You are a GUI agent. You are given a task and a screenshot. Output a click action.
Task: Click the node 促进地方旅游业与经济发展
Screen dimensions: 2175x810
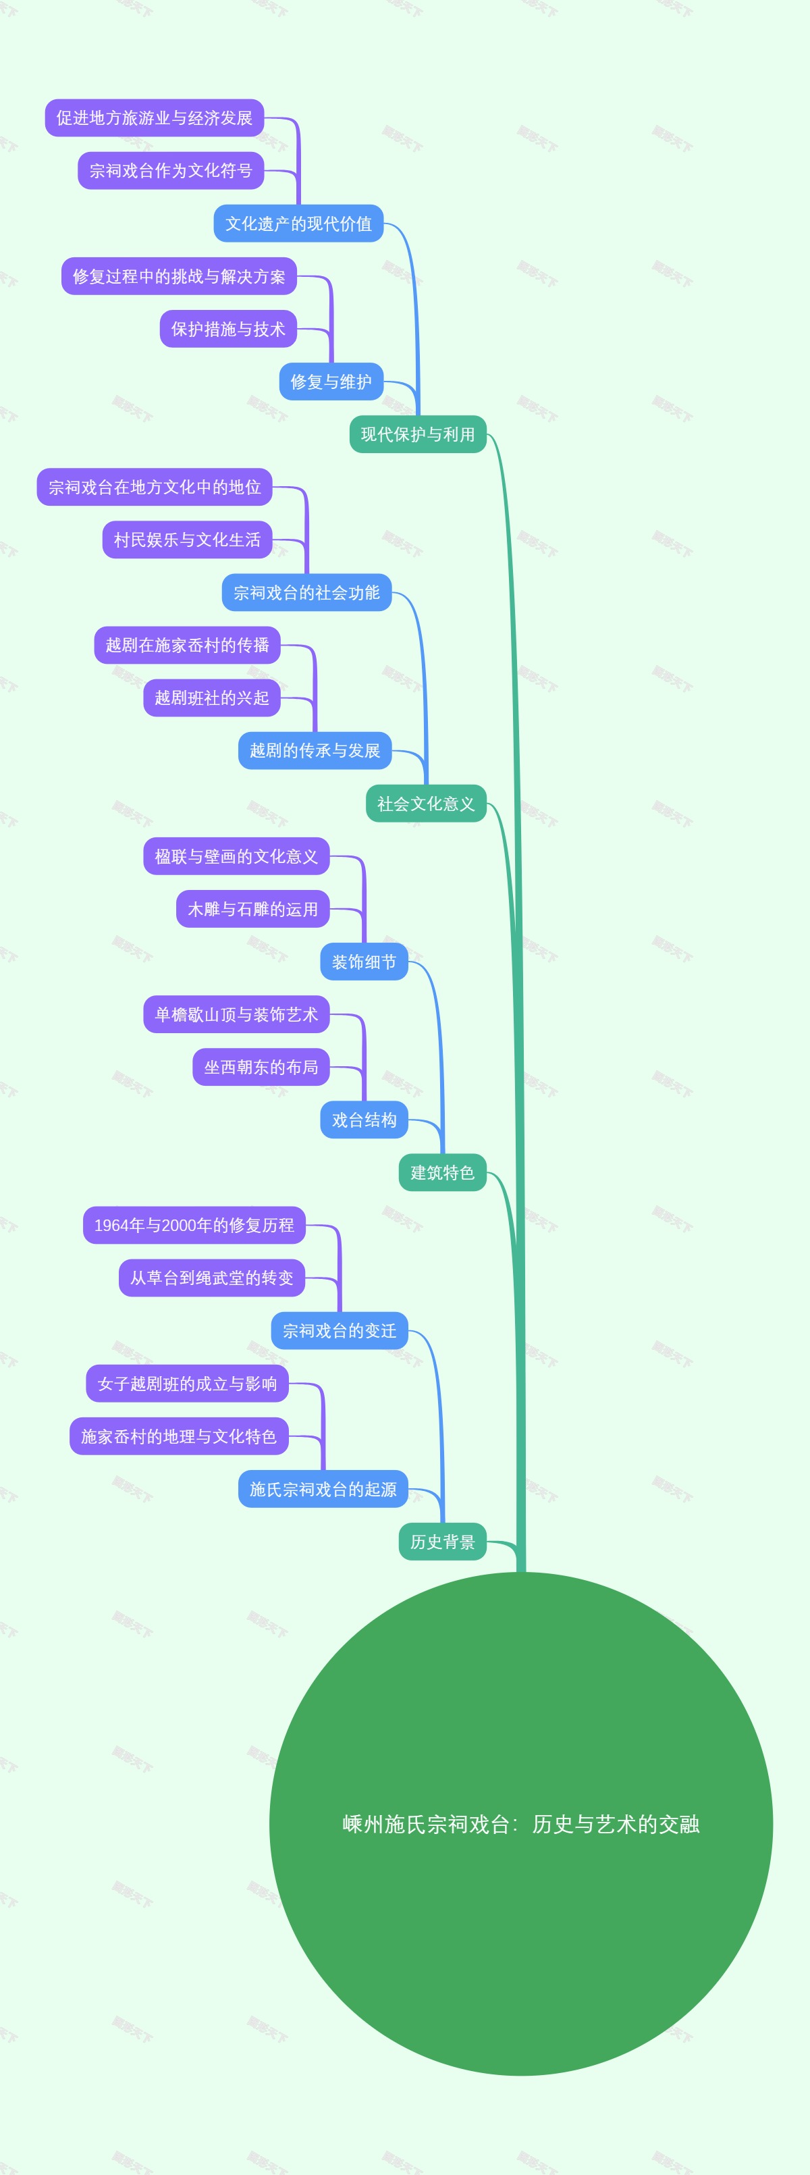coord(155,118)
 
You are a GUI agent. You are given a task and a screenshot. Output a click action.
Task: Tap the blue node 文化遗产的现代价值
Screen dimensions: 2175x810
coord(298,224)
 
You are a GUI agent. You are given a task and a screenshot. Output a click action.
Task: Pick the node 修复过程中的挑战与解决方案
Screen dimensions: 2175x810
coord(179,276)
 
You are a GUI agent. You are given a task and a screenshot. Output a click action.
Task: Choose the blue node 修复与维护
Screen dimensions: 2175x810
coord(331,382)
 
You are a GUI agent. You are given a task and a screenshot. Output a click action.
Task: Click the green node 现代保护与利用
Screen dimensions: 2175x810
coord(418,434)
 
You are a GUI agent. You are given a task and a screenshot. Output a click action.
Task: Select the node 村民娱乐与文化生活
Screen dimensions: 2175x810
coord(188,540)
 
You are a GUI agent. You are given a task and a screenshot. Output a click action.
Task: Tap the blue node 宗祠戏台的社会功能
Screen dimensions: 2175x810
coord(306,593)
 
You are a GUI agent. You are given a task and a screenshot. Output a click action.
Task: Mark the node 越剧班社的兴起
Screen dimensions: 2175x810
coord(212,698)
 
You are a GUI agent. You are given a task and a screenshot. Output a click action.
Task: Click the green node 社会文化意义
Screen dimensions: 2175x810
coord(426,803)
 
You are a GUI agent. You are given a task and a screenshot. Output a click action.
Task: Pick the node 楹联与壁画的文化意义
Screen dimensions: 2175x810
coord(236,856)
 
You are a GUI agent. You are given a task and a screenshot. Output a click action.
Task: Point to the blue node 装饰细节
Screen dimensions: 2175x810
coord(364,962)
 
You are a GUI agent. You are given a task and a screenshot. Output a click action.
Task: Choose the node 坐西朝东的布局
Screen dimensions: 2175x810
coord(261,1067)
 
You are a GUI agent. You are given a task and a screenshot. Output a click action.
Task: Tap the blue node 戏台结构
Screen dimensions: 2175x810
coord(364,1120)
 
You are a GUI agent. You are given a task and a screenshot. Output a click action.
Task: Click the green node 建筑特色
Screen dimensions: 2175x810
coord(442,1172)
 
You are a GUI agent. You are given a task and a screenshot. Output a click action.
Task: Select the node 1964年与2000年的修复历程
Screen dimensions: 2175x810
coord(194,1225)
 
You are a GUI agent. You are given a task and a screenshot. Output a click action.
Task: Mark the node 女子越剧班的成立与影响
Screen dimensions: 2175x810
coord(188,1383)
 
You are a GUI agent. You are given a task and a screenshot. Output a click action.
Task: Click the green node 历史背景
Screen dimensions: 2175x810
coord(442,1542)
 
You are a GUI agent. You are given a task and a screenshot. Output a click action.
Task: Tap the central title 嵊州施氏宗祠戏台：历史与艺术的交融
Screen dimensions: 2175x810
coord(520,1825)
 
